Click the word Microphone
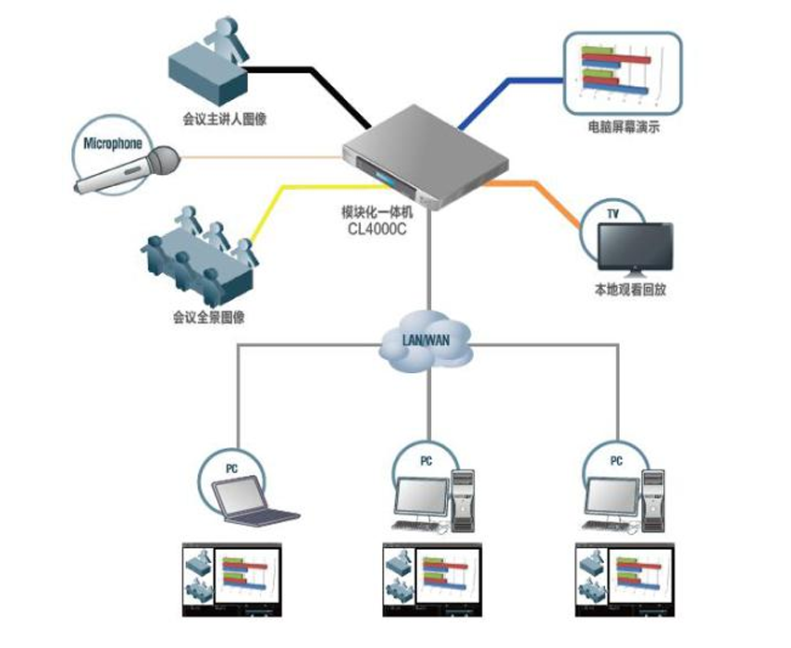[113, 143]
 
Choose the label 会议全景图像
[208, 317]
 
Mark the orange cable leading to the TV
[552, 196]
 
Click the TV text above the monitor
[613, 214]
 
